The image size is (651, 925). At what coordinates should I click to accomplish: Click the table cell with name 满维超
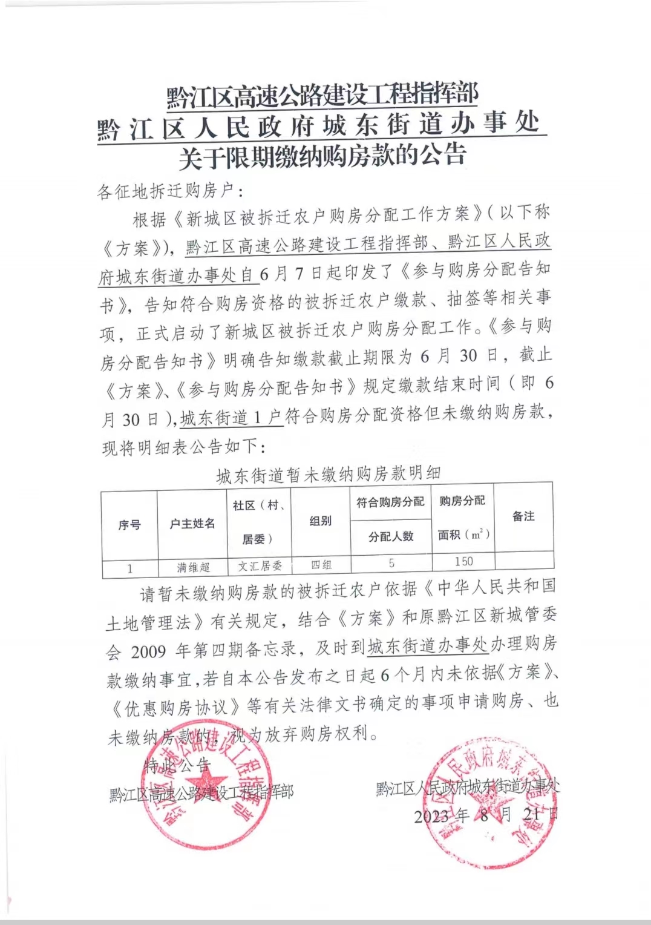point(193,567)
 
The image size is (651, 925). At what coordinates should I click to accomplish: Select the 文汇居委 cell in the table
point(260,566)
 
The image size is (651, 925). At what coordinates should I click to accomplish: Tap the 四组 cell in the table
point(321,565)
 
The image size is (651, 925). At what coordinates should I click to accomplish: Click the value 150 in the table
point(463,561)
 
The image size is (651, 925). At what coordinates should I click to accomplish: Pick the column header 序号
point(129,525)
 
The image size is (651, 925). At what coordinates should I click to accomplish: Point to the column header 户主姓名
point(192,524)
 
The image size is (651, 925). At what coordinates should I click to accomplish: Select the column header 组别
point(320,521)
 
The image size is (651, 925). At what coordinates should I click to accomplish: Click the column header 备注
point(523,516)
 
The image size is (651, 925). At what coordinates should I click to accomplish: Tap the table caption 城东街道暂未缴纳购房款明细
point(329,474)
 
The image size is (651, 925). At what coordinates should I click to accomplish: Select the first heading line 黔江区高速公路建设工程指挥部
point(322,95)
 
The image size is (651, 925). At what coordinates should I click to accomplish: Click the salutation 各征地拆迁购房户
point(165,191)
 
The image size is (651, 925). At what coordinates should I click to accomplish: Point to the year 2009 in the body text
point(148,651)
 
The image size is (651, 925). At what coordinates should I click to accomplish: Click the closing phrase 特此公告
point(177,766)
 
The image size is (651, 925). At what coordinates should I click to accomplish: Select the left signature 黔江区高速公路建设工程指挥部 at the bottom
point(201,793)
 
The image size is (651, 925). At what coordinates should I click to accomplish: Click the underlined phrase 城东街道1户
point(231,418)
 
